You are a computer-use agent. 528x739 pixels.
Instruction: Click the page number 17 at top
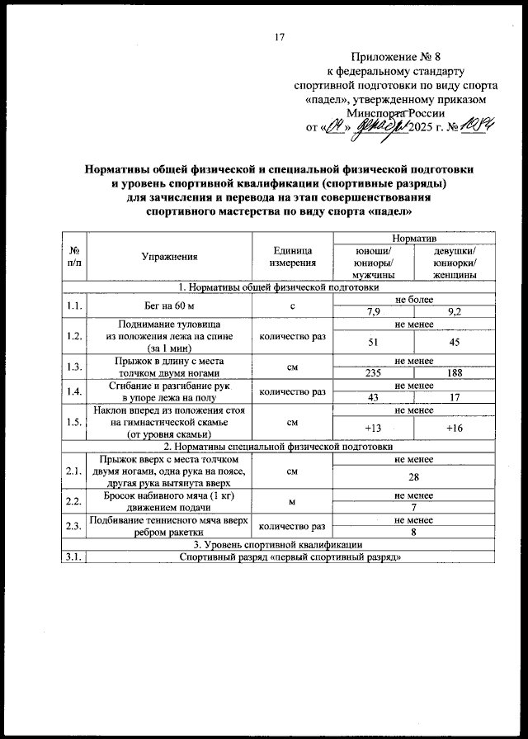(279, 36)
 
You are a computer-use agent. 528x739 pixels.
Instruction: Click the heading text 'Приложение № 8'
(396, 58)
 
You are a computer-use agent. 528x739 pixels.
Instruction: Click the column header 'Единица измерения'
(293, 256)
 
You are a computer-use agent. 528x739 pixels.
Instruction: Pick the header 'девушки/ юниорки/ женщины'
(453, 263)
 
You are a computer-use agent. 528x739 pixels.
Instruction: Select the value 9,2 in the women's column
(453, 311)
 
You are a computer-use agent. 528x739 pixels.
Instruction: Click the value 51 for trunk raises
(373, 342)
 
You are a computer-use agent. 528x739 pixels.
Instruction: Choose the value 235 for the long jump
(373, 372)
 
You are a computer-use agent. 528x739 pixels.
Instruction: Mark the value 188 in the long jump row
(453, 372)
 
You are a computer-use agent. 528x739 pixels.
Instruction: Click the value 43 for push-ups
(373, 397)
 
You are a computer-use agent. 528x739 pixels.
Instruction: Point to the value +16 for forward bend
(453, 428)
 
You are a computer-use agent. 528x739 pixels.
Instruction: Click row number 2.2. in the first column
(74, 501)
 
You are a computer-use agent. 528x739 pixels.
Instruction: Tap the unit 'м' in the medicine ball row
(293, 501)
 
